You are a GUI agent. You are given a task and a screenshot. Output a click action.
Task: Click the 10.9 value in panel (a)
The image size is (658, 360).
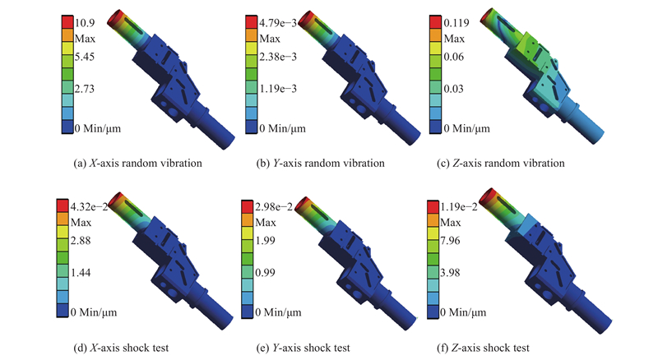coord(85,23)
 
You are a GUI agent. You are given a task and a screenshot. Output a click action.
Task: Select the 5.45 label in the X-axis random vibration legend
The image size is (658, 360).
coord(85,57)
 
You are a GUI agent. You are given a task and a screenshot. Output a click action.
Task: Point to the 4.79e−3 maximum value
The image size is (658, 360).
coord(278,23)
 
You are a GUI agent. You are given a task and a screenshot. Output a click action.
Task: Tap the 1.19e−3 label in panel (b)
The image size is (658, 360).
coord(278,89)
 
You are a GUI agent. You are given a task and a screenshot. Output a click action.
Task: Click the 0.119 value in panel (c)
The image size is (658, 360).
coord(456,23)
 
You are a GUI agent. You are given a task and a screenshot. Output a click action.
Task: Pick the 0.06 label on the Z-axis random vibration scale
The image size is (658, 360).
coord(454,57)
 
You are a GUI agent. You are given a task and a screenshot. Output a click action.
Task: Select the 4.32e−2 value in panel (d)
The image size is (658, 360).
coord(89,206)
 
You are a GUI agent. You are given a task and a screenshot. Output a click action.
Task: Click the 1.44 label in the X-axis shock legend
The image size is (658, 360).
coord(81,272)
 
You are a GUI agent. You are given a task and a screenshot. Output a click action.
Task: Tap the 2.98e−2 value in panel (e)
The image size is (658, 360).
coord(274,206)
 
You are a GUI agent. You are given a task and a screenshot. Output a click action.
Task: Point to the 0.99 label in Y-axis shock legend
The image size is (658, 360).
coord(265,272)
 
